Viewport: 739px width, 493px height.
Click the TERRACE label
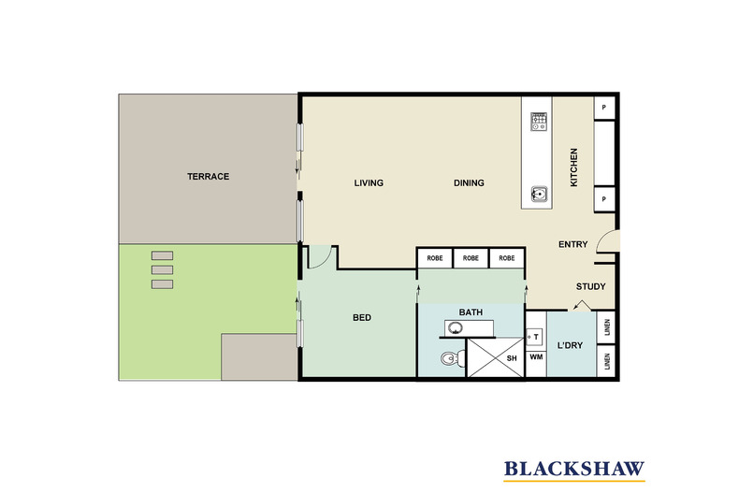(x=208, y=176)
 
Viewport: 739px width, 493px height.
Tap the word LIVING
(x=369, y=182)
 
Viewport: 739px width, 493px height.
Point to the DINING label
(x=469, y=182)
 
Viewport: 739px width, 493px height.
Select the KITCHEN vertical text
(x=574, y=167)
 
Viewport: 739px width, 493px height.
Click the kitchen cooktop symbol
(x=539, y=122)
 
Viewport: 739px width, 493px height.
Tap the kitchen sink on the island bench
(x=539, y=194)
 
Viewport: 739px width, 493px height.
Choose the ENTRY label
(x=573, y=244)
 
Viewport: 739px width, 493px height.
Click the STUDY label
(x=590, y=286)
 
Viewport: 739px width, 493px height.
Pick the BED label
(x=362, y=318)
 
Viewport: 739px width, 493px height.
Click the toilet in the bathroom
(x=453, y=359)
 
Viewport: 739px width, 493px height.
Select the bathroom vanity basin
(x=455, y=328)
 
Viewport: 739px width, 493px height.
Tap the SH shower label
(x=512, y=358)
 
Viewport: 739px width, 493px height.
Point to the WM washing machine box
(x=536, y=357)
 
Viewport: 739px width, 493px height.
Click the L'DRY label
(x=571, y=345)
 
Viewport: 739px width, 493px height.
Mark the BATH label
(x=471, y=312)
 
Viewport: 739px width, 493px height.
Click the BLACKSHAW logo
(x=574, y=470)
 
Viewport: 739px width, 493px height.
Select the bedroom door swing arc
(x=326, y=262)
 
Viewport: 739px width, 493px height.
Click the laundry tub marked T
(x=535, y=337)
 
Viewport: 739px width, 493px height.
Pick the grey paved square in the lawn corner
(x=259, y=356)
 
